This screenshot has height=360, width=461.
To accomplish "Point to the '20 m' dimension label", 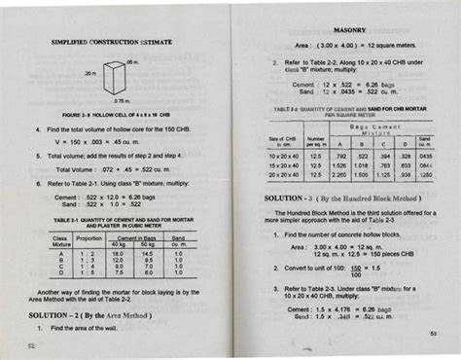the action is point(89,74).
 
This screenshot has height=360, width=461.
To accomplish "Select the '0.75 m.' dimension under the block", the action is point(122,100).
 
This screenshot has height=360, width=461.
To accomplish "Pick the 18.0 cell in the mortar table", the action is point(118,252).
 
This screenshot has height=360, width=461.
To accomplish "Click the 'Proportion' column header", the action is point(89,237).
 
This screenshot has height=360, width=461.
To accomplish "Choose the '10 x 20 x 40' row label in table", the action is point(284,156).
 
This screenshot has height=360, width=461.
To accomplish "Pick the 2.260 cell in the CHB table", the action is point(340,175).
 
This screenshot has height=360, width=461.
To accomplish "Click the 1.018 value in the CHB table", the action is point(362,165).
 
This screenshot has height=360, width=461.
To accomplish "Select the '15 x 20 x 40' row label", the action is point(284,165).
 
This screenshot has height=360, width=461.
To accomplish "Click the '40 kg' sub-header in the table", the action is point(118,243).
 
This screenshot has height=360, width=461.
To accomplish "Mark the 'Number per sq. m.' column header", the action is point(315,142).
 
